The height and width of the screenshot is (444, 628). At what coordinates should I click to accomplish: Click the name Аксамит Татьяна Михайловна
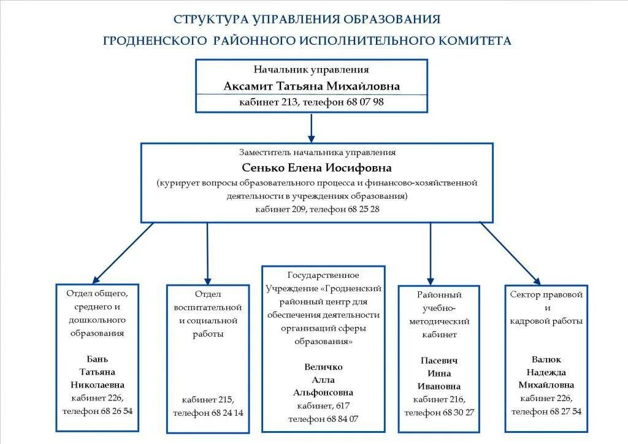312,86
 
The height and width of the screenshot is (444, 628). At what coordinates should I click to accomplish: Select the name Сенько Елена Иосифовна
316,167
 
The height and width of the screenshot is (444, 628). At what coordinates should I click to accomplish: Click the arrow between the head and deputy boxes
312,128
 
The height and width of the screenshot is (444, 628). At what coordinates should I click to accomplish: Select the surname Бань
98,359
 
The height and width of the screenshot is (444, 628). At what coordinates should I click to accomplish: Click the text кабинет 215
208,399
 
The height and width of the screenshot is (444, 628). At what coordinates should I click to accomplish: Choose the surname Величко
323,367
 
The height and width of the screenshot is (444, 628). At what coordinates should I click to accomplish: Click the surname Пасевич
439,360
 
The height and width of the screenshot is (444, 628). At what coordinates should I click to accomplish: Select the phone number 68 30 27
458,412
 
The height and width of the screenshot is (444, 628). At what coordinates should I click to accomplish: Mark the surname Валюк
546,359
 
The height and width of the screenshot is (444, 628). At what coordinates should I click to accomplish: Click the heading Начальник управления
311,70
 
